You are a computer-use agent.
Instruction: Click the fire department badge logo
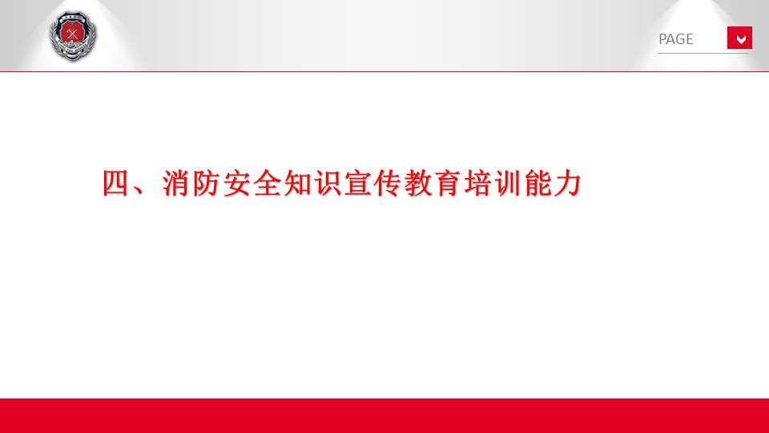coord(73,37)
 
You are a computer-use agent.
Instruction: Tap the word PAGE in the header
coord(676,39)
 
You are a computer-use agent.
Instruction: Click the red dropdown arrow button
coord(739,38)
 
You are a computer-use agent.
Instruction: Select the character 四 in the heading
coord(115,183)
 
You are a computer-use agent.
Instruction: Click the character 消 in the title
coord(176,183)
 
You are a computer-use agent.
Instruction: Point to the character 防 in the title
coord(206,183)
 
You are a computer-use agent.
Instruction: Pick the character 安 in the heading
coord(236,183)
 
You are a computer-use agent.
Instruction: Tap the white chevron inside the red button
coord(741,39)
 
